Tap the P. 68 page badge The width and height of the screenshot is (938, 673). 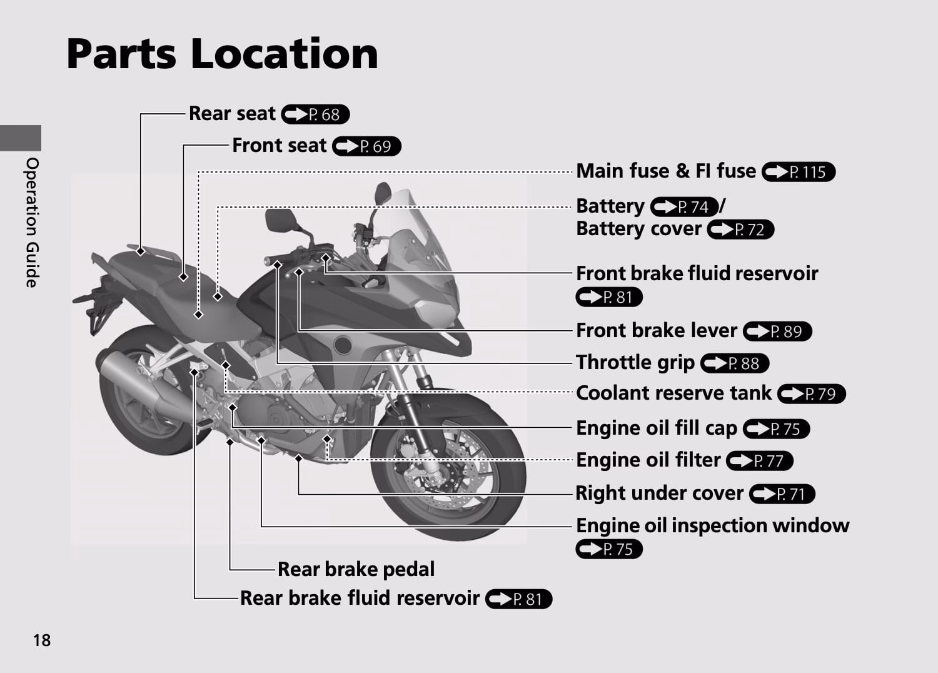(315, 114)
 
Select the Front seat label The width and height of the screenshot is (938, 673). (279, 145)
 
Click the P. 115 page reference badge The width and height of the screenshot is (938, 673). (799, 172)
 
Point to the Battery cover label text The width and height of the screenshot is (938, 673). (638, 229)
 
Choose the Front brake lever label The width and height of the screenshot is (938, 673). (656, 330)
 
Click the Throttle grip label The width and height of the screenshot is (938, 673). (635, 362)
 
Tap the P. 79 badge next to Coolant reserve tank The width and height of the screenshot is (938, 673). (812, 394)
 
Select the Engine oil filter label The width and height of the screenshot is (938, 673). (648, 460)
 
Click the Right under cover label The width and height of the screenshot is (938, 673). (659, 493)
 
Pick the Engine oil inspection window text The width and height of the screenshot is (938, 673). (712, 525)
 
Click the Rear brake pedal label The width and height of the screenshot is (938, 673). (356, 569)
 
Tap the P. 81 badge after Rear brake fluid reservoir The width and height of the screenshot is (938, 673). (518, 599)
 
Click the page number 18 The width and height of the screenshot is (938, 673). (42, 640)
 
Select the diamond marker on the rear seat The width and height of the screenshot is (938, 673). (141, 251)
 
